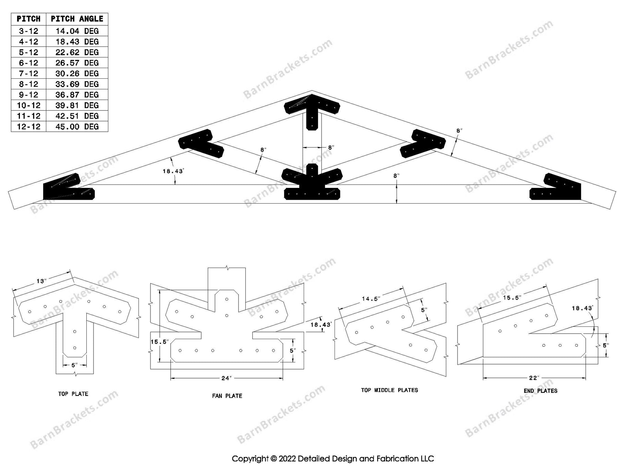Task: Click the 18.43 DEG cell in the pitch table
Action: (77, 42)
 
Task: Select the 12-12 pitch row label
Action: (28, 127)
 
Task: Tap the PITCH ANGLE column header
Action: (77, 19)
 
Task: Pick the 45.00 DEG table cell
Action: (77, 127)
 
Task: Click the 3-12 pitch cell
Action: (28, 31)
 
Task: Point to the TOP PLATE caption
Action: (73, 394)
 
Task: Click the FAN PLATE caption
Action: (227, 396)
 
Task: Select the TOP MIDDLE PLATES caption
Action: (389, 390)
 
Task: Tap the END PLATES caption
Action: (540, 391)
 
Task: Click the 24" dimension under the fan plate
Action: (226, 378)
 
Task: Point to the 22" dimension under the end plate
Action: (534, 378)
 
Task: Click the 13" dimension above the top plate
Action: (41, 281)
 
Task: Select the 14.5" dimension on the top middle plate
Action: (371, 299)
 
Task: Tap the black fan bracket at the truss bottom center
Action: (312, 185)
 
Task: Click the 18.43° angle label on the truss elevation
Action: (173, 171)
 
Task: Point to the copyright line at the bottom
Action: (332, 459)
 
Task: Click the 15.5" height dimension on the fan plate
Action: (159, 342)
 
